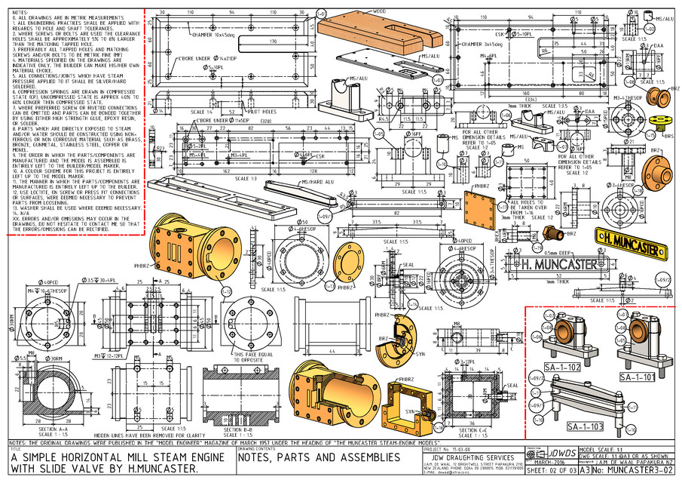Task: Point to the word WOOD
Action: pos(379,11)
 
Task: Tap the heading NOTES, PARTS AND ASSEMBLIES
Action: pos(319,458)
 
